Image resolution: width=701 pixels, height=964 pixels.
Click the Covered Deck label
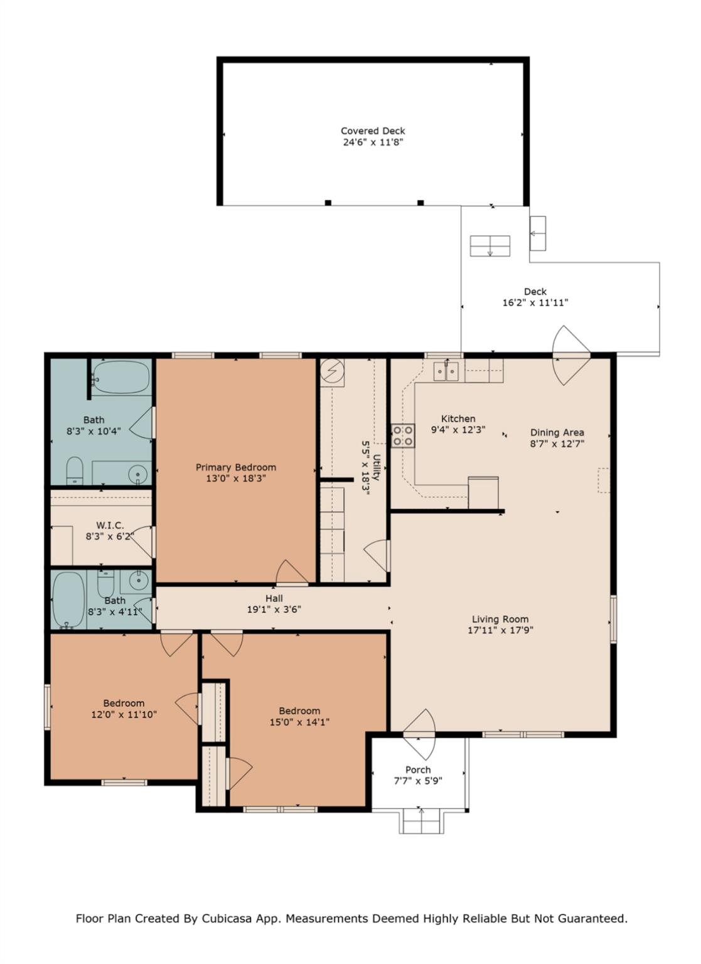point(373,131)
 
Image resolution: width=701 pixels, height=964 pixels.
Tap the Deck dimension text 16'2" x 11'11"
point(535,303)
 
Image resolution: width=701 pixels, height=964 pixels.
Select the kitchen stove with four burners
point(403,436)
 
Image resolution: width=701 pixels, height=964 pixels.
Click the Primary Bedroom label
point(235,467)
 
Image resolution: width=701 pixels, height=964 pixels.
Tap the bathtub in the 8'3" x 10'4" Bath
point(120,378)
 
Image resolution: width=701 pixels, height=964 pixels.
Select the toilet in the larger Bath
point(75,470)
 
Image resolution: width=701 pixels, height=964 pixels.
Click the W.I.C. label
point(109,525)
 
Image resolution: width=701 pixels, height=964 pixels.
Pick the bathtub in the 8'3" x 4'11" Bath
point(67,599)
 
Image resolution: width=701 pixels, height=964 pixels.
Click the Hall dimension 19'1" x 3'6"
point(274,609)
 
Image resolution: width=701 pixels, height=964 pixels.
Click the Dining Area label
point(557,432)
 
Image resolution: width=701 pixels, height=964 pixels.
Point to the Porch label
point(417,769)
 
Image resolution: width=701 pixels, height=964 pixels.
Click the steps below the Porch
point(421,822)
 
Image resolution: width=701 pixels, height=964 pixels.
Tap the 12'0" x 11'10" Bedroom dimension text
point(124,714)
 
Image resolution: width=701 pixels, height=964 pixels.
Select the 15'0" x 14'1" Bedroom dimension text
point(299,722)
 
